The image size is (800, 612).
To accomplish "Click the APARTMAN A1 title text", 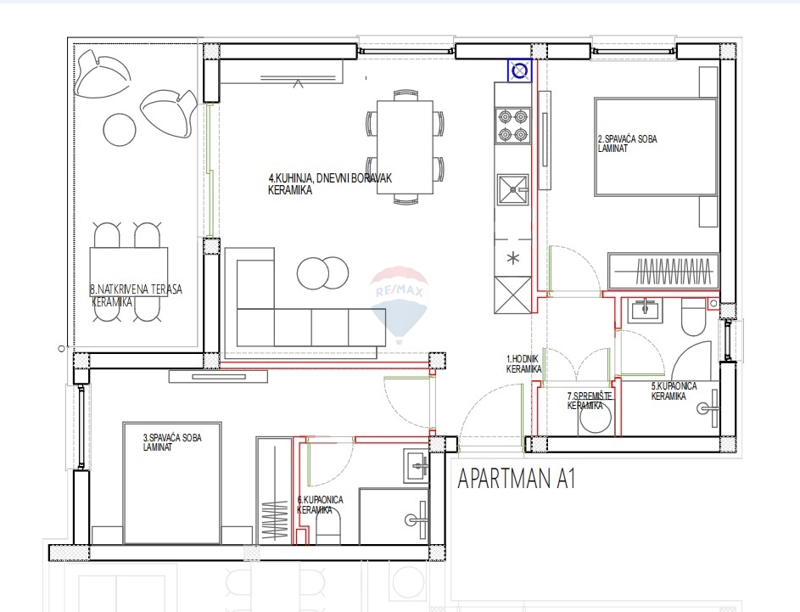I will (x=517, y=480).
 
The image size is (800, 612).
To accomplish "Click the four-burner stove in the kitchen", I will (x=512, y=125).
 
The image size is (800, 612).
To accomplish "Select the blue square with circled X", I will (x=519, y=71).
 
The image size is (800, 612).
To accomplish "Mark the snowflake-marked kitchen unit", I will (x=512, y=257).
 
